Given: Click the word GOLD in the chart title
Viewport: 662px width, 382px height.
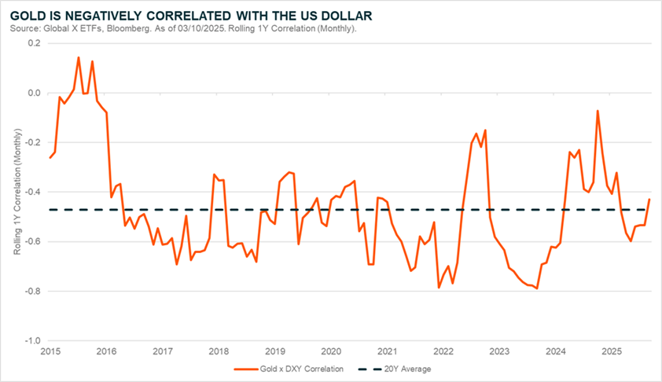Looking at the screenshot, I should [x=28, y=15].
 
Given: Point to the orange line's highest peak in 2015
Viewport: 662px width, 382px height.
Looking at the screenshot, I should [x=79, y=57].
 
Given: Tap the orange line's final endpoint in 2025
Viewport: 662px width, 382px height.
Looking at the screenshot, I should [x=649, y=200].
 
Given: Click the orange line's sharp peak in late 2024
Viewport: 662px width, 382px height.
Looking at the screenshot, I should [x=598, y=111].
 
